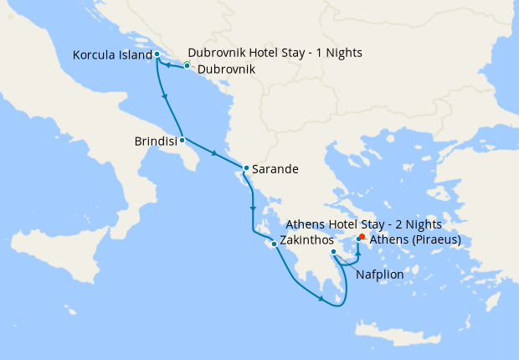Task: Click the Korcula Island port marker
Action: [157, 54]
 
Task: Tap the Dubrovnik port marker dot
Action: [187, 65]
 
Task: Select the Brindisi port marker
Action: [182, 140]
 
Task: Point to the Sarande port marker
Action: [245, 168]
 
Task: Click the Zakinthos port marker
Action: [274, 244]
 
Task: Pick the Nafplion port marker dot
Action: [333, 252]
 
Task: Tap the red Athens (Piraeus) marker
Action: [362, 237]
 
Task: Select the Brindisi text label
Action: [155, 142]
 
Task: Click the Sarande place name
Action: [275, 169]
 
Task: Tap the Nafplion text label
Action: [380, 274]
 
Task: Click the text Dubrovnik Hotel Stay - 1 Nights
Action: [275, 53]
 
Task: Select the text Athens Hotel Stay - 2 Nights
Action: [363, 225]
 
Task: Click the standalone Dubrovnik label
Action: [224, 69]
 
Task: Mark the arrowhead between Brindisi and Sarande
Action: [216, 154]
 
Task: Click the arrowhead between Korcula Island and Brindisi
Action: [165, 98]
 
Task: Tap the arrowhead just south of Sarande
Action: [252, 208]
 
